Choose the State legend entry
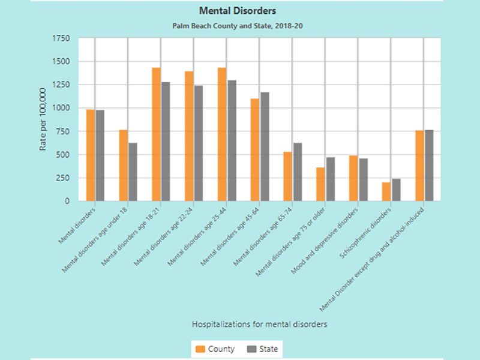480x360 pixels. [x=262, y=349]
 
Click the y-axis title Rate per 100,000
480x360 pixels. [x=43, y=119]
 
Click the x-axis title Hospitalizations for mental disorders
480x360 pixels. [x=259, y=324]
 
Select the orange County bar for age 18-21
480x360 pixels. [x=156, y=134]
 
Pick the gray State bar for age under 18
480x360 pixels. [x=133, y=172]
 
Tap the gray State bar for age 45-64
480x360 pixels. [x=265, y=146]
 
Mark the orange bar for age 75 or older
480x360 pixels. [x=320, y=184]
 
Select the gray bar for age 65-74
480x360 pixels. [x=298, y=172]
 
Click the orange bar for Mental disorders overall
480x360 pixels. [x=91, y=155]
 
